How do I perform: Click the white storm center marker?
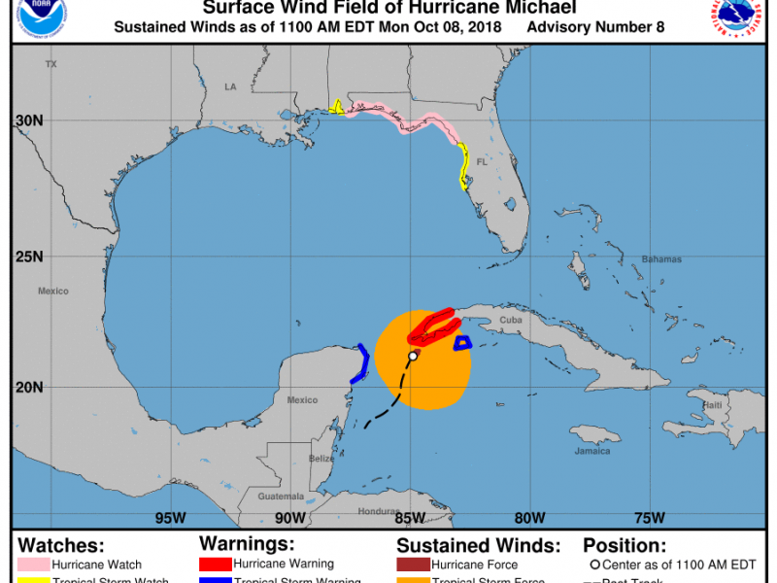[x=413, y=357]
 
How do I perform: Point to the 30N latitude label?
[x=30, y=120]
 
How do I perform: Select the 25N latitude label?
[x=30, y=257]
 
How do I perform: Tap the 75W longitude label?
[x=649, y=517]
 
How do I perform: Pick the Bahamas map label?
[x=661, y=259]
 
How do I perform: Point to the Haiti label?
[x=713, y=405]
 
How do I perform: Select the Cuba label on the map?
[x=511, y=320]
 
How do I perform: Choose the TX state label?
[x=51, y=64]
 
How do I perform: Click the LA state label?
[x=230, y=86]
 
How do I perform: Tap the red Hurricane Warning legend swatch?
[x=215, y=564]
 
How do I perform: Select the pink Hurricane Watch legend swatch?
[x=34, y=565]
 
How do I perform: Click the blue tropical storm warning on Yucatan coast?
[x=362, y=361]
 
